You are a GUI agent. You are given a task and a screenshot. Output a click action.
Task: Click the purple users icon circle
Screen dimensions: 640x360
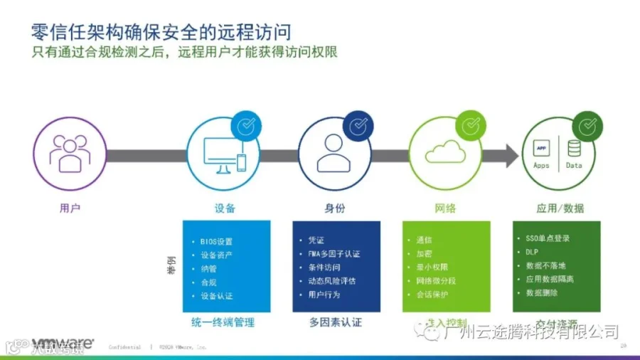pos(70,154)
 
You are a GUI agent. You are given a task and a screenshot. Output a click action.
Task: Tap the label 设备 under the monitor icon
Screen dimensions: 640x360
pos(225,208)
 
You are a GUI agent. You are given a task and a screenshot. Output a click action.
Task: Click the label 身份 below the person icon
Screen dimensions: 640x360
pos(335,208)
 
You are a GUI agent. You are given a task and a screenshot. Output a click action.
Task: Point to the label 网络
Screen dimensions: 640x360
pos(445,208)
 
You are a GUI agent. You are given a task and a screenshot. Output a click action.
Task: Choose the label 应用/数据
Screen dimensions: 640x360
pos(560,208)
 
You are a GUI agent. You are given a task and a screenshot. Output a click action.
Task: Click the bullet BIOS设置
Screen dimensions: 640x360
pos(216,241)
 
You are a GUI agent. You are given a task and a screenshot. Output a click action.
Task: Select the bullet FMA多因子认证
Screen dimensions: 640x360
pos(329,253)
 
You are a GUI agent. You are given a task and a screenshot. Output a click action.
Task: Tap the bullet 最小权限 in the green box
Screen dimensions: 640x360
pos(432,267)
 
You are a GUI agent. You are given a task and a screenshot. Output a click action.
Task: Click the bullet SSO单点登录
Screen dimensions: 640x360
pos(548,238)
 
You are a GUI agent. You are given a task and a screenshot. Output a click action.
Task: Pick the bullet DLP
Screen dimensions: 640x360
pos(533,252)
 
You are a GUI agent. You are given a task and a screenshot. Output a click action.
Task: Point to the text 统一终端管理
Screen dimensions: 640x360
pos(223,322)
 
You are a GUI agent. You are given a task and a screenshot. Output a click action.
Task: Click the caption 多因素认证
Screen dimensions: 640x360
pos(335,322)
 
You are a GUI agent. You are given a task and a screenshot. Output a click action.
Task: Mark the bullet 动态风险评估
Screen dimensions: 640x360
pos(327,280)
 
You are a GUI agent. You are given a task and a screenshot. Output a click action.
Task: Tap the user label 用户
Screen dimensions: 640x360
pos(70,208)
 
